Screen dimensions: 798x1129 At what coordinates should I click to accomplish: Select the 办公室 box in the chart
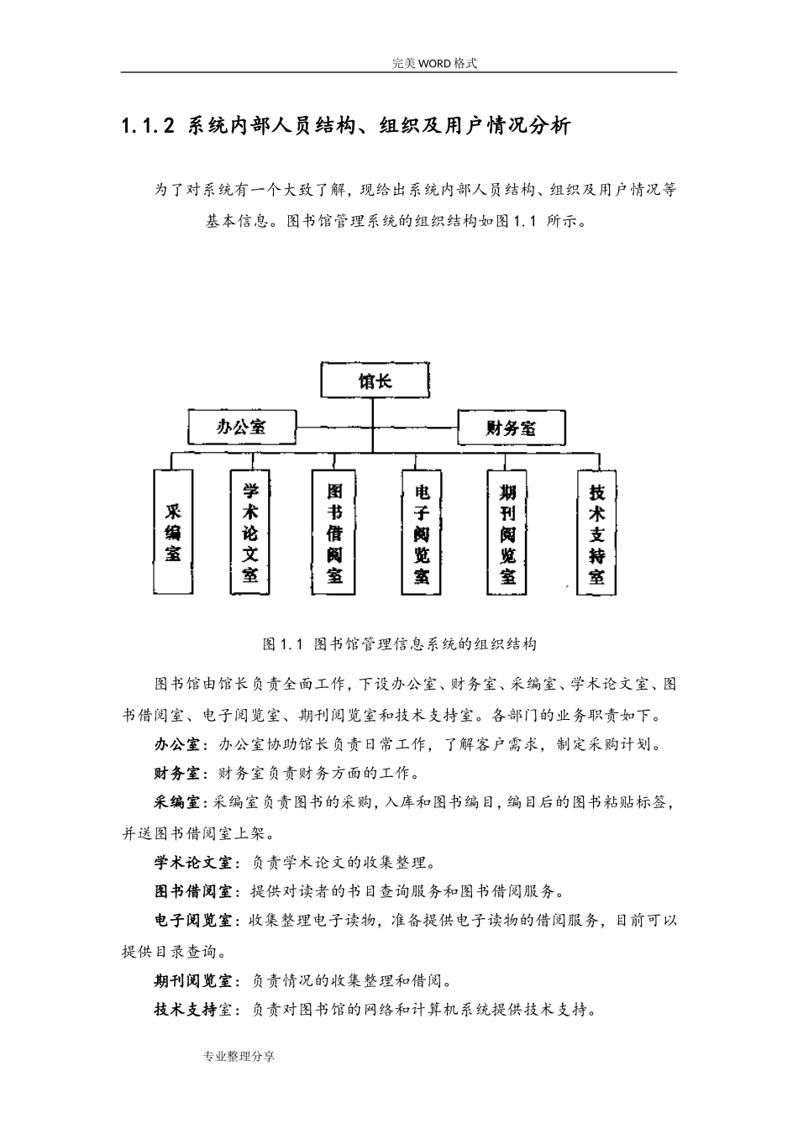(x=242, y=427)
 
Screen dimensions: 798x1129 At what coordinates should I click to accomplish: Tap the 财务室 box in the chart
(x=510, y=428)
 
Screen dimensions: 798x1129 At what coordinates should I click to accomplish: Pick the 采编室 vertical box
(x=173, y=532)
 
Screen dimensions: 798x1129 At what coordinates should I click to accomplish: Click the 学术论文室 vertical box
(x=250, y=532)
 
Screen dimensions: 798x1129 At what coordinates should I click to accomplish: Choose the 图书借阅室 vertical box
(x=334, y=532)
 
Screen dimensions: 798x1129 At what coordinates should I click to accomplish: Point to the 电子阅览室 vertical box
(x=422, y=532)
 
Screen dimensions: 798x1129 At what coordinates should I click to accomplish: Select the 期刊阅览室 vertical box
(x=508, y=532)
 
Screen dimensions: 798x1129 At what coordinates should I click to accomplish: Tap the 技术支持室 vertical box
(x=597, y=532)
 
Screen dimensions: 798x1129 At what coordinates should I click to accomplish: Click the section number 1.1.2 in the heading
(x=148, y=127)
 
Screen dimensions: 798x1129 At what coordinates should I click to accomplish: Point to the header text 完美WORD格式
(x=434, y=63)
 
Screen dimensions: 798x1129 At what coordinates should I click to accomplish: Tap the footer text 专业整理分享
(x=239, y=1056)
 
